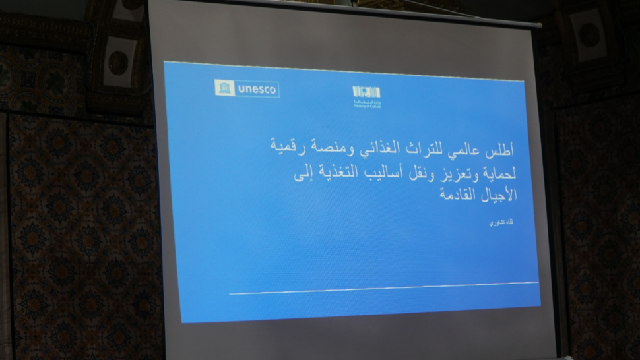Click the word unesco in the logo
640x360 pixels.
(x=257, y=89)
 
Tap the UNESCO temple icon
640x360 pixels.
(x=224, y=88)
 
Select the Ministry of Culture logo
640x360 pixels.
(x=366, y=96)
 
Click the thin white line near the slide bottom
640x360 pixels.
(x=383, y=287)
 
